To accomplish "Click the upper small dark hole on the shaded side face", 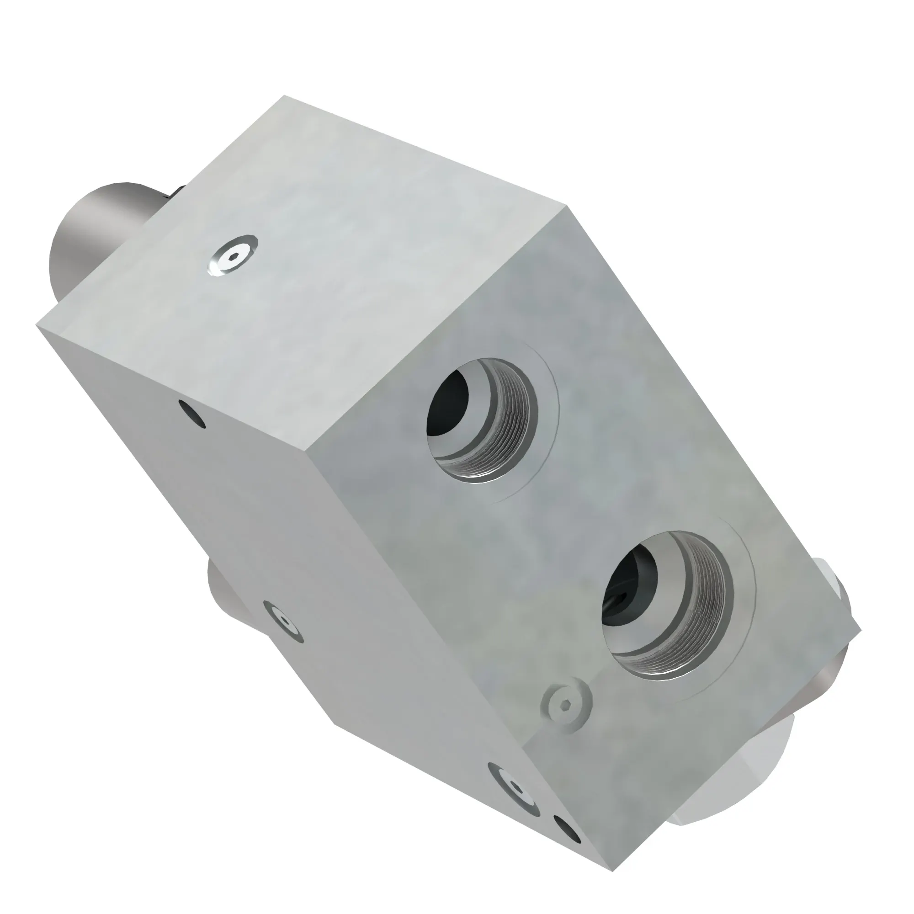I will tap(191, 414).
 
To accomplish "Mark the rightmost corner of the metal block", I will tap(860, 632).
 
